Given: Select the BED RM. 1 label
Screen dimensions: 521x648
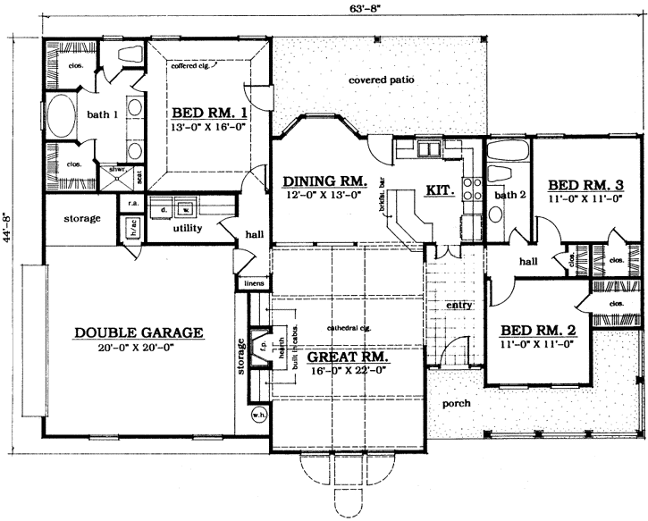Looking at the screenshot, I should [208, 114].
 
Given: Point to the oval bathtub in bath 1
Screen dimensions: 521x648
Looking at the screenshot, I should [61, 115].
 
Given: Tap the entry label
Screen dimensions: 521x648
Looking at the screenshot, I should [459, 306].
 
